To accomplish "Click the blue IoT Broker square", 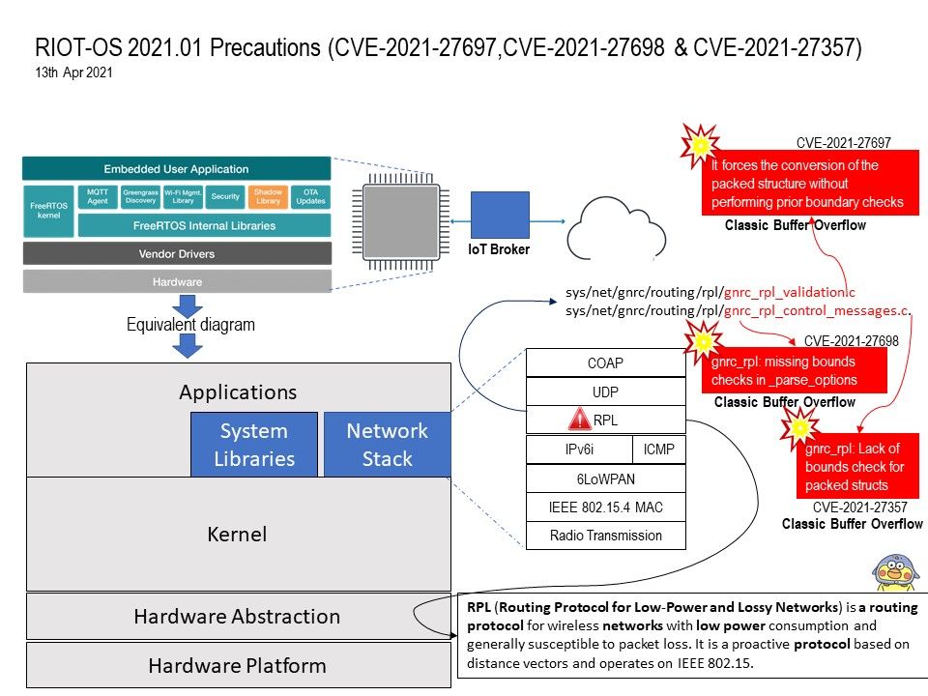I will (x=500, y=216).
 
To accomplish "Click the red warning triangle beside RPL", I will (x=579, y=420).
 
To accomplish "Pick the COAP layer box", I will (x=605, y=363).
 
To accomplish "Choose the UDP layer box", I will (x=605, y=391).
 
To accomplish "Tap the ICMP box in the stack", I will (x=658, y=449).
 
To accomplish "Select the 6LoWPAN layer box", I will (x=605, y=478).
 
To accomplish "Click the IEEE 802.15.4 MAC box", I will (x=605, y=507).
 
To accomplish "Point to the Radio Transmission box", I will (x=605, y=536).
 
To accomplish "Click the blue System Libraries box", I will (x=254, y=445).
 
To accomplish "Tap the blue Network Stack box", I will (x=387, y=445).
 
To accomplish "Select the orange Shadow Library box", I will (x=268, y=196).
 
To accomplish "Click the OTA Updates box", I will (x=311, y=196).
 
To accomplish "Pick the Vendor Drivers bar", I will (x=177, y=253).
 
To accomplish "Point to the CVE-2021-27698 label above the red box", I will (x=851, y=341).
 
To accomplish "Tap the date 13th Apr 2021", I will (x=74, y=72).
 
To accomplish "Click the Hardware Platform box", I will (x=237, y=665).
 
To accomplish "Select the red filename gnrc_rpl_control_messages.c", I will (x=818, y=310).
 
